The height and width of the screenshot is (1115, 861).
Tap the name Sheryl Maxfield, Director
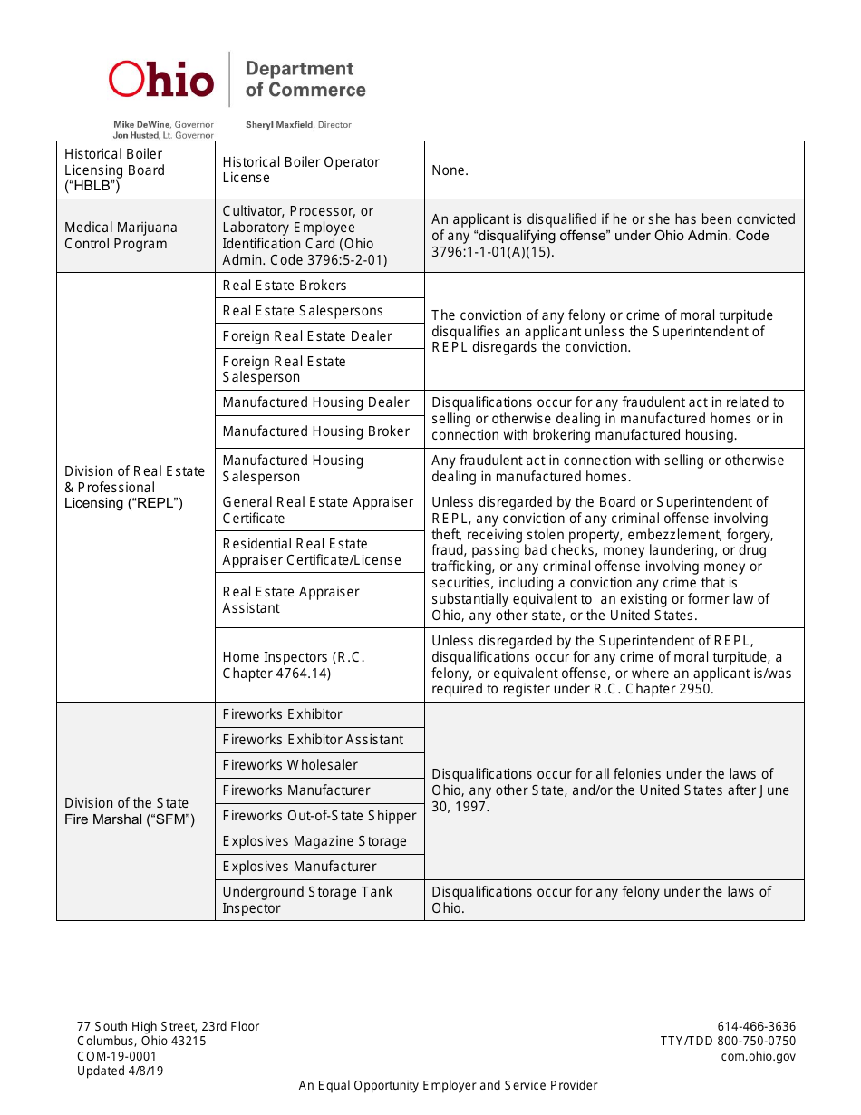point(298,125)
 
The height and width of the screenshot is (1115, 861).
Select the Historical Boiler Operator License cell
point(319,170)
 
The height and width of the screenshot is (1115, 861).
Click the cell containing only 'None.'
point(614,170)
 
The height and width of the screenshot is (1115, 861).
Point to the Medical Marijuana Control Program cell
point(135,236)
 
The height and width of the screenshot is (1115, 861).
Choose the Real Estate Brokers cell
point(319,286)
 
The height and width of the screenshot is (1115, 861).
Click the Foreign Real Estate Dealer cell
point(319,336)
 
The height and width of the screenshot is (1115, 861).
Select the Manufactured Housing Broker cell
point(319,431)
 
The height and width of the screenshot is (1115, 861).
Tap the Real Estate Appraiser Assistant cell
point(319,600)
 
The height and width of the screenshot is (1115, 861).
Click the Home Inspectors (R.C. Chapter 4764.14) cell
point(319,665)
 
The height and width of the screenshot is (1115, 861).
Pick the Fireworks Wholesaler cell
point(319,765)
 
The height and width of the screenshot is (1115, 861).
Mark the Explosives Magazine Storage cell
point(319,841)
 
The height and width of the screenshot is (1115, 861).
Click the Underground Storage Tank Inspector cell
point(319,900)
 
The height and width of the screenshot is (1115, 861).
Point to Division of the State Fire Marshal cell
point(135,811)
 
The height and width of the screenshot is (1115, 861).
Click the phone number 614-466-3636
point(756,1027)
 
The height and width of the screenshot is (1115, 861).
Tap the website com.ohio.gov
point(758,1056)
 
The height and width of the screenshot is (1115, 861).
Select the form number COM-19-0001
point(117,1056)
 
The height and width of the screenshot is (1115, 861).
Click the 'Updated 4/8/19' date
point(121,1071)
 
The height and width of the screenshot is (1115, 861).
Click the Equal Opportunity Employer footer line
point(448,1086)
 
